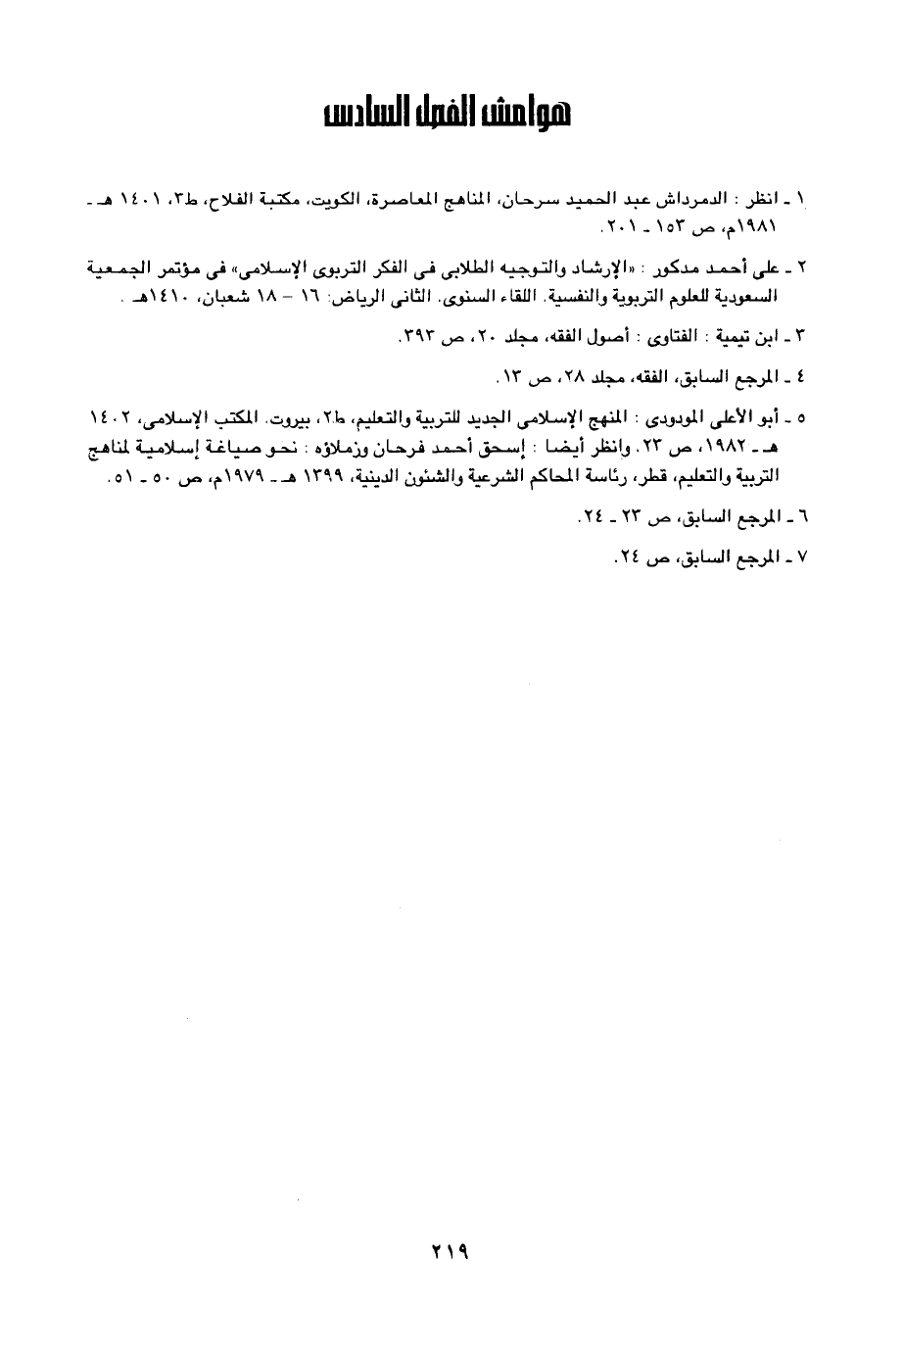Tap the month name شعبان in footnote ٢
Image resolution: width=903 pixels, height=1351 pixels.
point(213,295)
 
